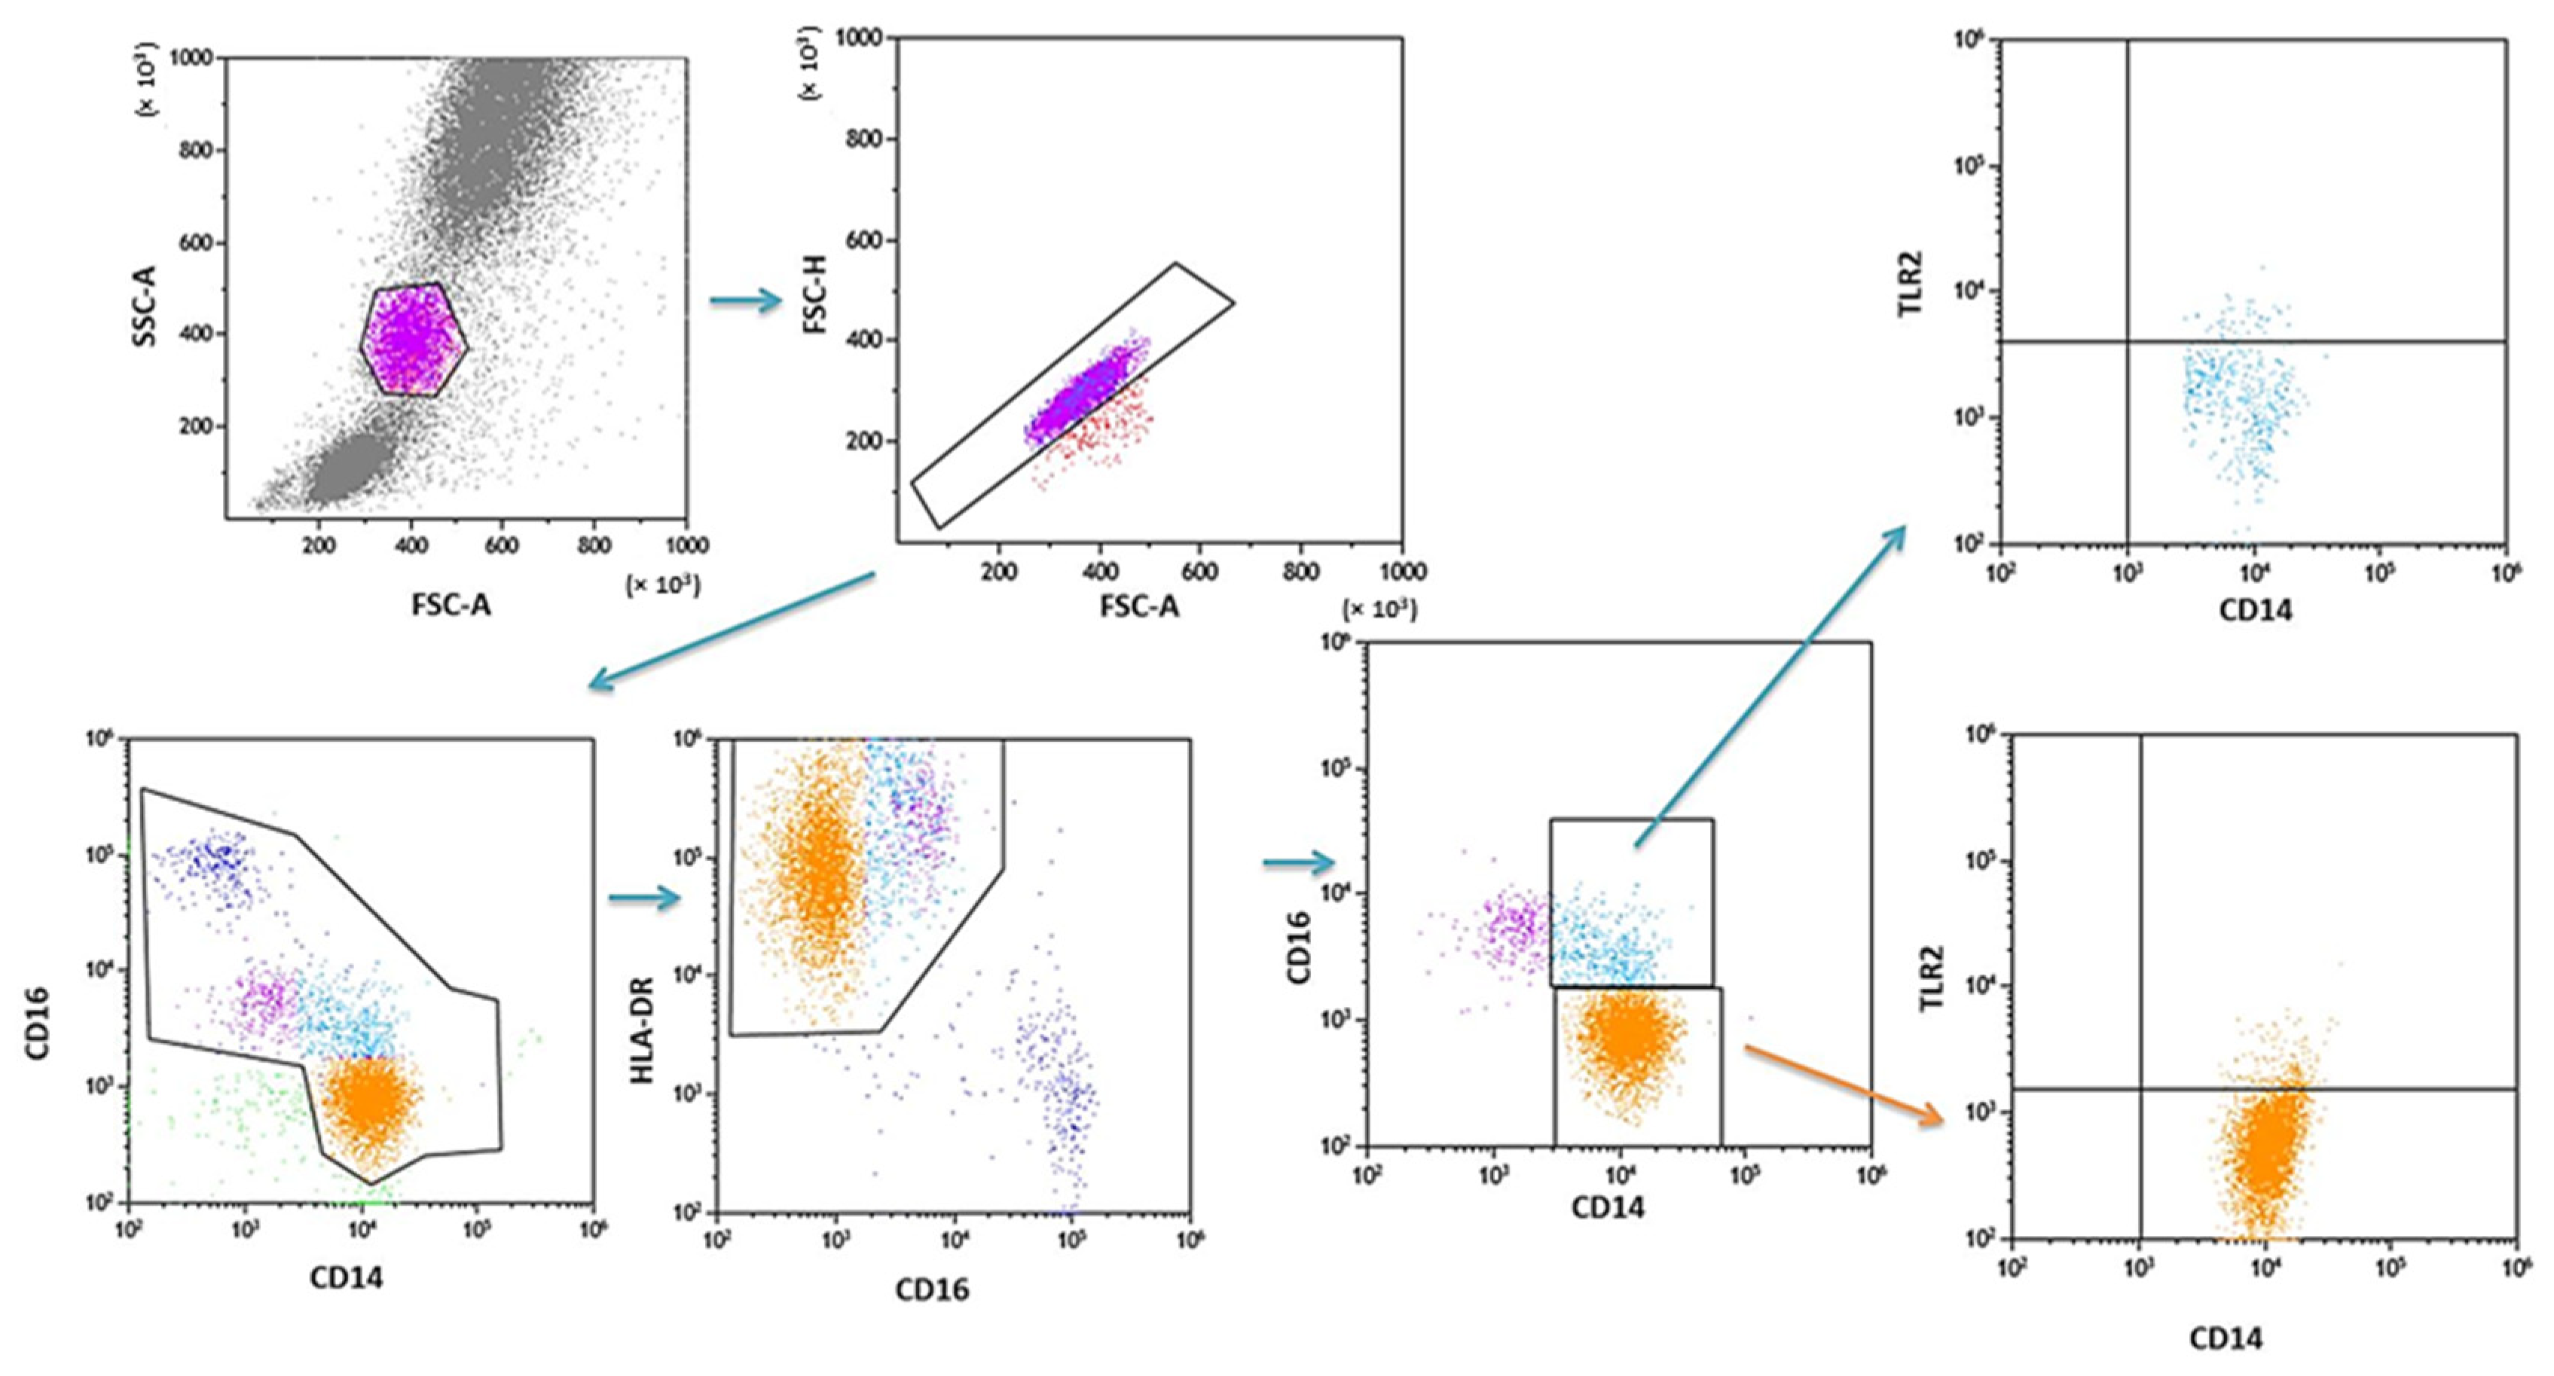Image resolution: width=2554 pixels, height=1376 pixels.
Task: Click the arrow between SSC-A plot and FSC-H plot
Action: click(x=747, y=301)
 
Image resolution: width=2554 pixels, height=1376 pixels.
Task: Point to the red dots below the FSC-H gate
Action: click(x=1101, y=436)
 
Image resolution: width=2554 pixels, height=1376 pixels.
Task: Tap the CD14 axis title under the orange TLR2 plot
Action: click(x=2226, y=1338)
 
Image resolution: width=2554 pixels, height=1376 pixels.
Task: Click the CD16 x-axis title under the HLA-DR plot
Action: click(x=932, y=1289)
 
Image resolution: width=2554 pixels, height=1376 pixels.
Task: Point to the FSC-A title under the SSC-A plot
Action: click(x=451, y=605)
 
